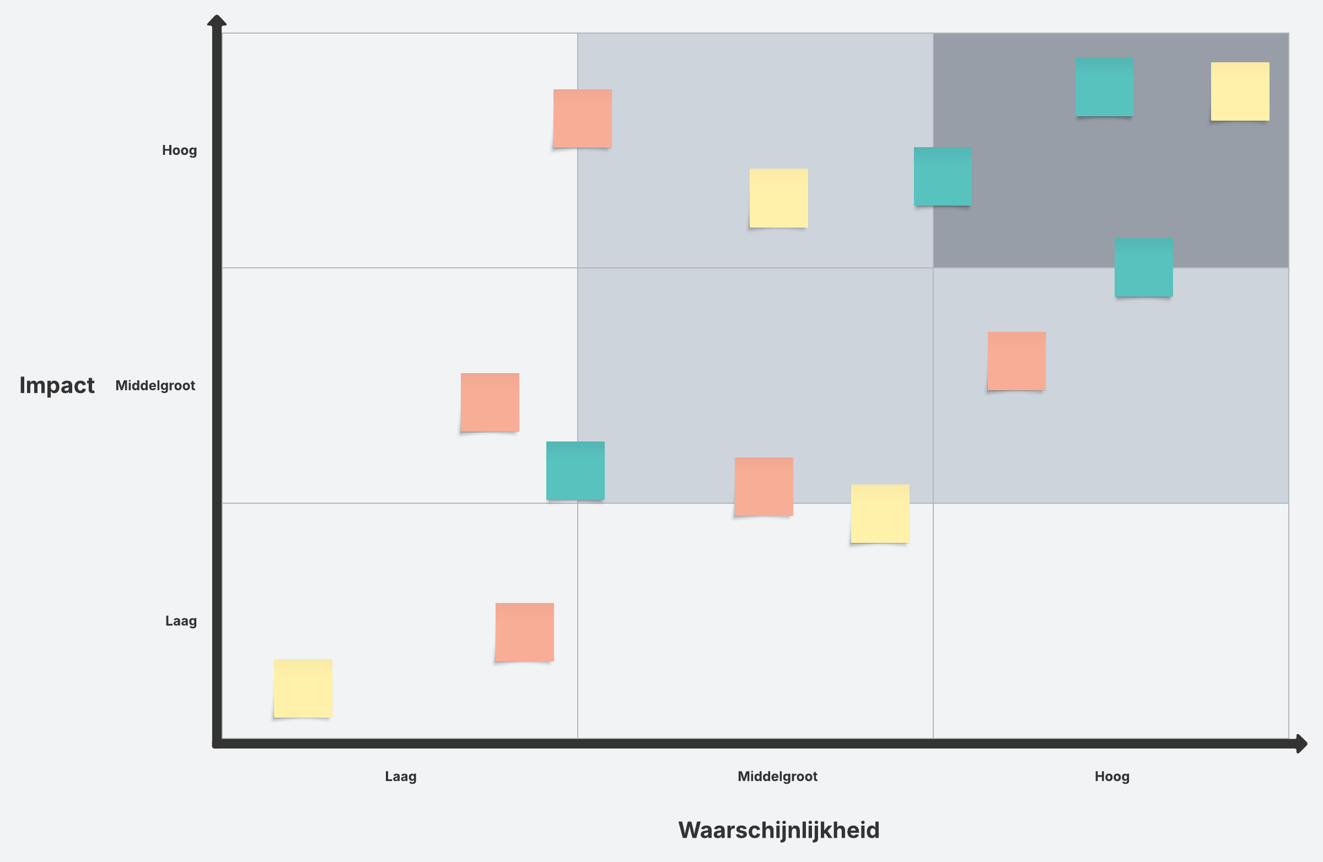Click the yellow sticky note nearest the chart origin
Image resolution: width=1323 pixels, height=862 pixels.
tap(303, 688)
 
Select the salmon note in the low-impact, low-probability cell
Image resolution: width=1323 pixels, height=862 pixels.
tap(524, 632)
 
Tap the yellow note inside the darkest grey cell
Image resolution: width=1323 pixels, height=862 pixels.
tap(1240, 91)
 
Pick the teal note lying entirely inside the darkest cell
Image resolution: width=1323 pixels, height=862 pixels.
tap(1104, 87)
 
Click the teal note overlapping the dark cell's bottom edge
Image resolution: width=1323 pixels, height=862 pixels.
tap(1143, 267)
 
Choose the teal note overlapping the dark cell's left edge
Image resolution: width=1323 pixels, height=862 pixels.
tap(943, 176)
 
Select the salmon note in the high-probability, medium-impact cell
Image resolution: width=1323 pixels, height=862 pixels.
tap(1016, 360)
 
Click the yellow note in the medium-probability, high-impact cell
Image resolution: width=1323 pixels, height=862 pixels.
tap(778, 198)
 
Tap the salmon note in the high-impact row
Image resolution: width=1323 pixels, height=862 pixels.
tap(582, 118)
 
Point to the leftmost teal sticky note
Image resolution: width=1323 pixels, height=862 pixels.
tap(575, 470)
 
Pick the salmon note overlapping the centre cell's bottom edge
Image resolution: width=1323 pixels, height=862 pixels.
tap(763, 486)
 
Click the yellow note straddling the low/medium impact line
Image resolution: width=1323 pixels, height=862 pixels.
tap(879, 513)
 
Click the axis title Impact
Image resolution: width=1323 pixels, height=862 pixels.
tap(57, 385)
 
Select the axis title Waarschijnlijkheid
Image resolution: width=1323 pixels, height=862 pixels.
tap(778, 830)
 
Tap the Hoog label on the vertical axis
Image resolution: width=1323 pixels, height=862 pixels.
tap(179, 150)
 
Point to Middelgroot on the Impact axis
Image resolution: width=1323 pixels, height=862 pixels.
tap(155, 385)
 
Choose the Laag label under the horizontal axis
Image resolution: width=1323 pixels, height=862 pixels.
tap(400, 776)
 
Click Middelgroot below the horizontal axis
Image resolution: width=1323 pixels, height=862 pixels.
tap(777, 776)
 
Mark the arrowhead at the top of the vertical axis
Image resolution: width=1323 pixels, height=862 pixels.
tap(216, 21)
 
